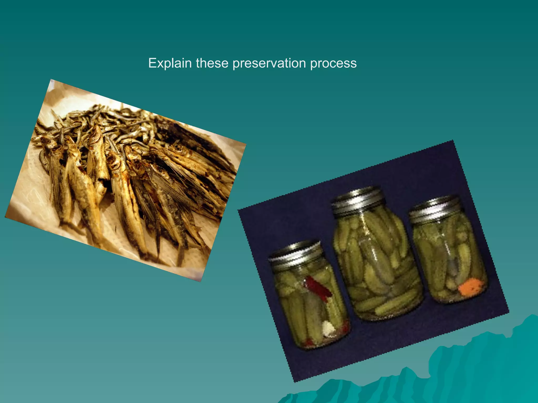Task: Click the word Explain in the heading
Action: pyautogui.click(x=170, y=63)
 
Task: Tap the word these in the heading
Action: pyautogui.click(x=212, y=63)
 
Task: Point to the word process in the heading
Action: pyautogui.click(x=333, y=63)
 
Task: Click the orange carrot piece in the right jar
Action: pyautogui.click(x=471, y=287)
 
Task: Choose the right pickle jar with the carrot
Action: pyautogui.click(x=449, y=257)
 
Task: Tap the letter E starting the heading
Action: pyautogui.click(x=152, y=63)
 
